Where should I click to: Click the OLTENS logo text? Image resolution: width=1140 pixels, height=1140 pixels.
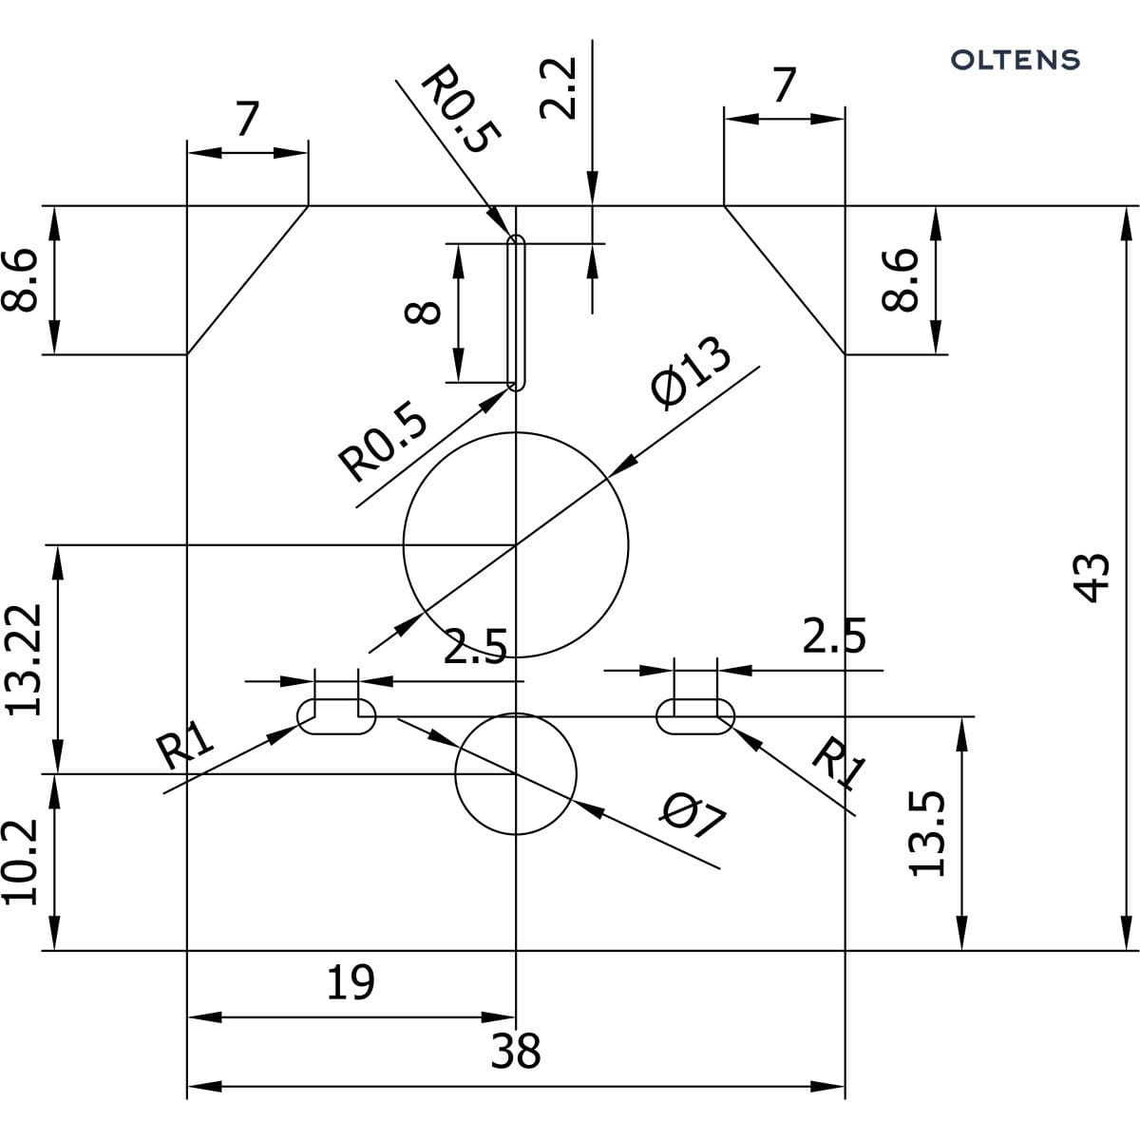1016,60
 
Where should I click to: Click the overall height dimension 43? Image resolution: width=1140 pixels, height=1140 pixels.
1094,577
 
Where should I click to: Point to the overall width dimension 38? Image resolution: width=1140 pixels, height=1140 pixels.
516,1052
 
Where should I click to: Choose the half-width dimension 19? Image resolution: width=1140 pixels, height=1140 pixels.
351,982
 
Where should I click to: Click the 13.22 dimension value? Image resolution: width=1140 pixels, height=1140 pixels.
23,658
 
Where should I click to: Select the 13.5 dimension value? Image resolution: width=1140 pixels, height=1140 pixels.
927,833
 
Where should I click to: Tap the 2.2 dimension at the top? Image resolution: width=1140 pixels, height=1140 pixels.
558,88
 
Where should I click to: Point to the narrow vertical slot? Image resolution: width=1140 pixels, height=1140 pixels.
516,313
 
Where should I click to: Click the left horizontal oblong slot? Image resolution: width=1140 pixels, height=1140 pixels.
336,715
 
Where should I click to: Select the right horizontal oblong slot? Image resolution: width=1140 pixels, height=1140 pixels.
695,715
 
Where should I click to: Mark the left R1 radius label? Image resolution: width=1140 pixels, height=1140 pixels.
186,744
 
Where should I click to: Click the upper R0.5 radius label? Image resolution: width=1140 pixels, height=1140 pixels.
459,109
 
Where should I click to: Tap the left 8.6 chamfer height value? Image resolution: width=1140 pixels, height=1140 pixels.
21,280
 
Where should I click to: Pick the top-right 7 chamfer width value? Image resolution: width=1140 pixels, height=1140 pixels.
784,85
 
